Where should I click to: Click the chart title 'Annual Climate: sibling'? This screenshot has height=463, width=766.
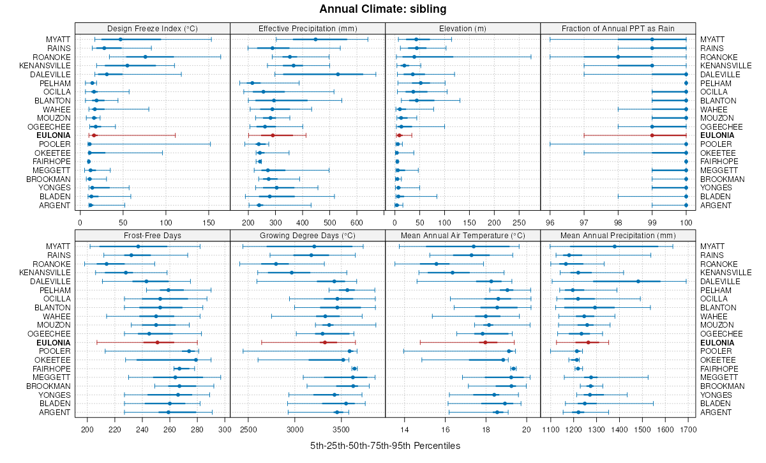[x=382, y=9]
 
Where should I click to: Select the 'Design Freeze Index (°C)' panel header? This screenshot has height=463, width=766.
[x=152, y=28]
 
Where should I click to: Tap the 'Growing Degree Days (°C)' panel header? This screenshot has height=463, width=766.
[x=307, y=236]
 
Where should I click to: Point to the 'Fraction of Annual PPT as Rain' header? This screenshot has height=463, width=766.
[x=617, y=28]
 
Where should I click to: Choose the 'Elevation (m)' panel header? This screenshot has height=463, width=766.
[x=463, y=28]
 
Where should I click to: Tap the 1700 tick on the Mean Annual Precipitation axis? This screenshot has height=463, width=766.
[x=687, y=429]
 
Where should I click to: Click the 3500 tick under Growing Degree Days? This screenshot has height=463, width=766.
[x=331, y=429]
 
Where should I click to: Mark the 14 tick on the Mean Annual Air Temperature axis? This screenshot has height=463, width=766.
[x=404, y=429]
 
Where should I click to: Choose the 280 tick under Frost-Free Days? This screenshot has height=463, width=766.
[x=197, y=429]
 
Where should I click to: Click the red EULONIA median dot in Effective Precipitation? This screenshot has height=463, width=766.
[x=273, y=135]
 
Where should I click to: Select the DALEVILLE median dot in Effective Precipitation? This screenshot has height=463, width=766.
[x=338, y=74]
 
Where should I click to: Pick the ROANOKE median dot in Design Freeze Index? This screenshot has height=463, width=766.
[x=146, y=57]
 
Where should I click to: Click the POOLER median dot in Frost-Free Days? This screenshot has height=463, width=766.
[x=188, y=351]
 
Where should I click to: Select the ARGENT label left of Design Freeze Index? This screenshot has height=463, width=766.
[x=57, y=205]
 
